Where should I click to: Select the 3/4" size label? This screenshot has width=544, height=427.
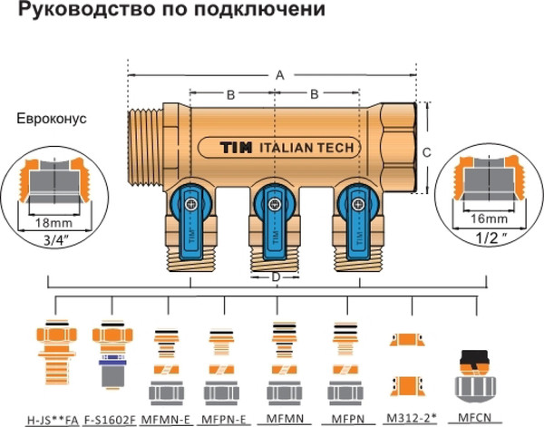click(x=52, y=239)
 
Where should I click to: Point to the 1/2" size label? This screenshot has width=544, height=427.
click(x=491, y=239)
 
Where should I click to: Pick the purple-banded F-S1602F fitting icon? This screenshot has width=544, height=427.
click(x=112, y=363)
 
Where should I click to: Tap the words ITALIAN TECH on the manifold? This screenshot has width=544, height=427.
click(x=305, y=148)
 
